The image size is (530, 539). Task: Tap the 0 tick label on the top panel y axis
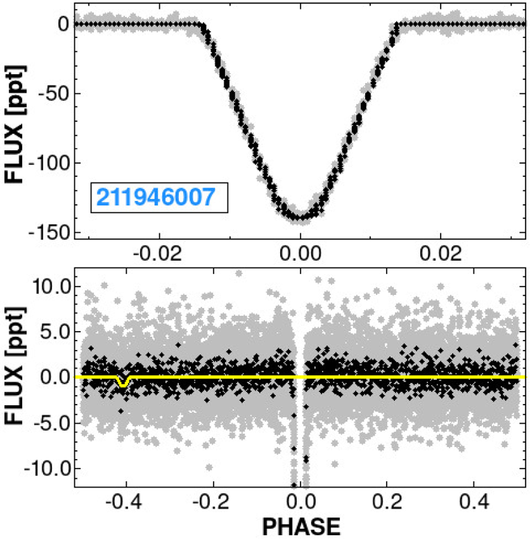tap(64, 24)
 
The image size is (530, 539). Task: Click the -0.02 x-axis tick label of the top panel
tap(159, 254)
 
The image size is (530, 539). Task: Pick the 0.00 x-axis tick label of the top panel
tap(300, 254)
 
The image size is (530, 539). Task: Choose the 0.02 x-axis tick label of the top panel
tap(441, 254)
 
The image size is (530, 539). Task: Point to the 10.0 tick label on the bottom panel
tap(49, 286)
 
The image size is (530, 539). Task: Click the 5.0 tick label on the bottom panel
tap(54, 332)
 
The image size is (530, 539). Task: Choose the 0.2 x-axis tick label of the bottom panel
tap(387, 502)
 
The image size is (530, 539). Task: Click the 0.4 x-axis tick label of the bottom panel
tap(473, 502)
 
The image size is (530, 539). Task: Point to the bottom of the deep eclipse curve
tap(300, 217)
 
